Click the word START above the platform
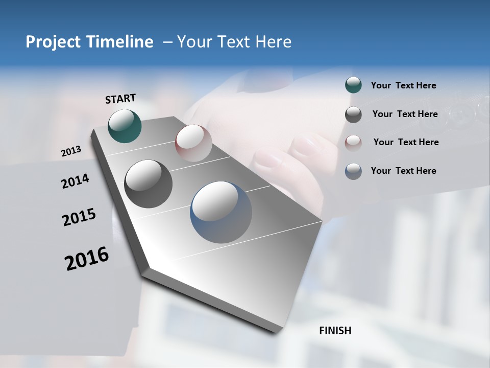pyautogui.click(x=120, y=99)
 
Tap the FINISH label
pyautogui.click(x=335, y=331)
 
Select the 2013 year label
pyautogui.click(x=71, y=151)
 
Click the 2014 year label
pyautogui.click(x=75, y=181)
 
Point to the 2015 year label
pyautogui.click(x=79, y=217)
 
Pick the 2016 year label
pyautogui.click(x=87, y=259)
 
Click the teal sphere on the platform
pyautogui.click(x=125, y=126)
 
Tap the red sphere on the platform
pyautogui.click(x=193, y=143)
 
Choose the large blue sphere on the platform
pyautogui.click(x=221, y=212)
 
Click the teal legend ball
pyautogui.click(x=353, y=85)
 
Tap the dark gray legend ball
pyautogui.click(x=353, y=114)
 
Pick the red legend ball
pyautogui.click(x=353, y=143)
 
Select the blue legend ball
pyautogui.click(x=353, y=171)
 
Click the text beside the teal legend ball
pyautogui.click(x=403, y=86)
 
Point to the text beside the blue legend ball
pyautogui.click(x=403, y=171)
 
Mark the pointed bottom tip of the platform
pyautogui.click(x=276, y=332)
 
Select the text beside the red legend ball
pyautogui.click(x=406, y=142)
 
